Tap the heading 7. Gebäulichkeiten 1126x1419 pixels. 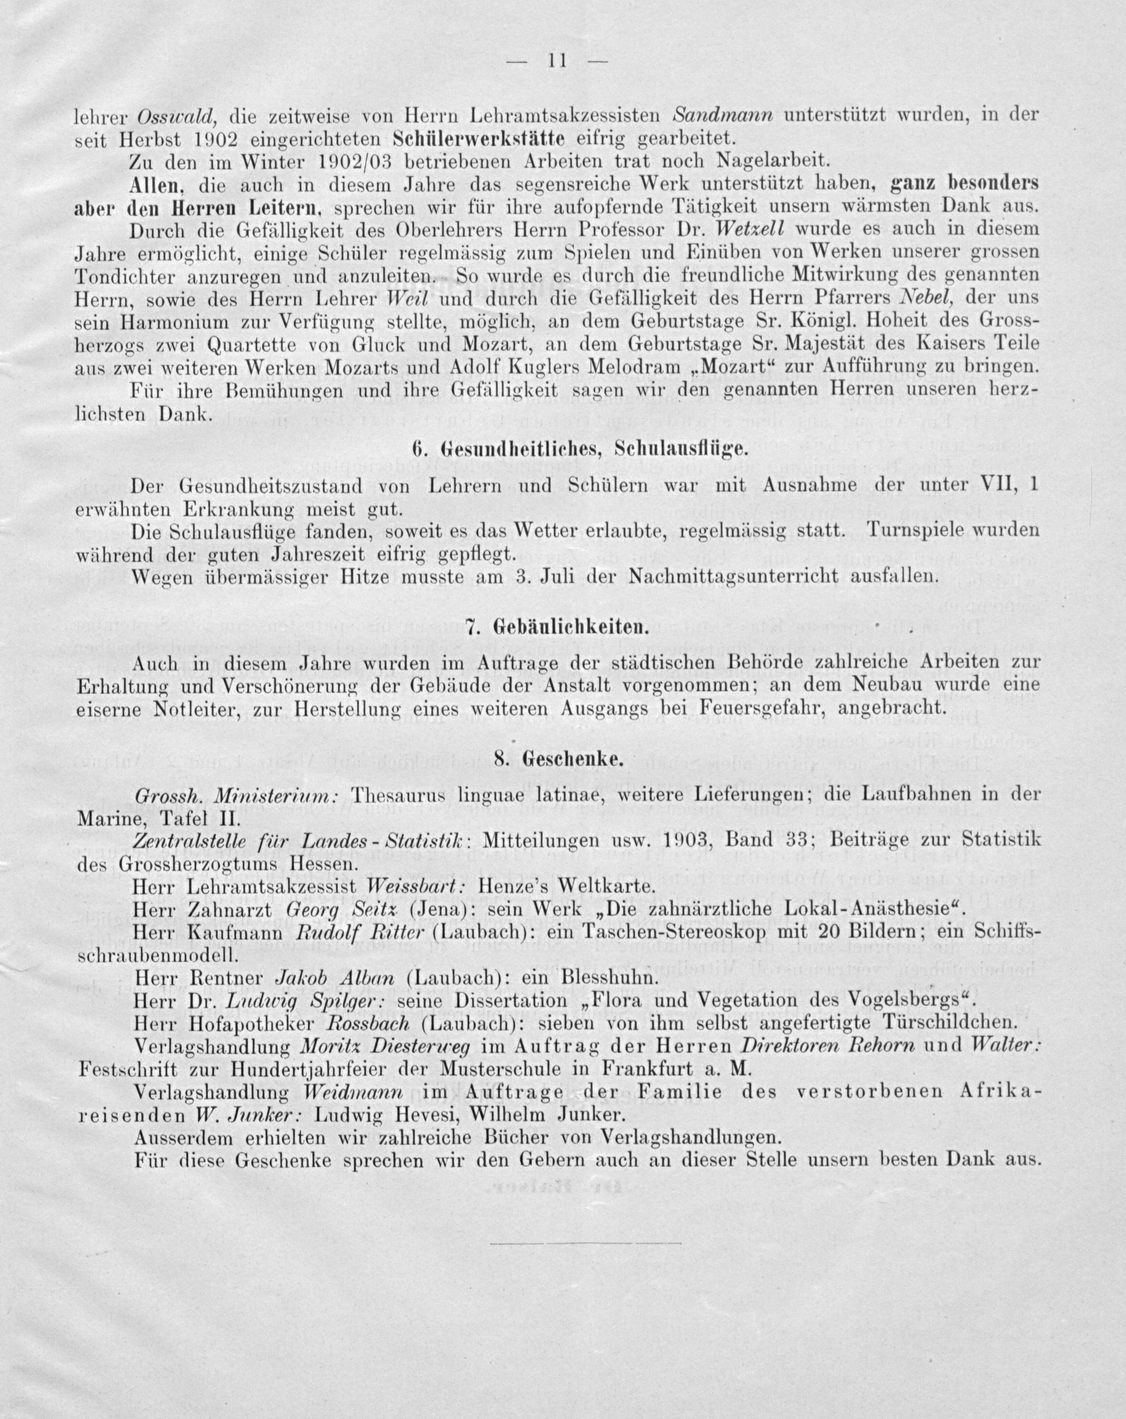pos(557,628)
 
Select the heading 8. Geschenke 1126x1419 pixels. pos(557,759)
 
